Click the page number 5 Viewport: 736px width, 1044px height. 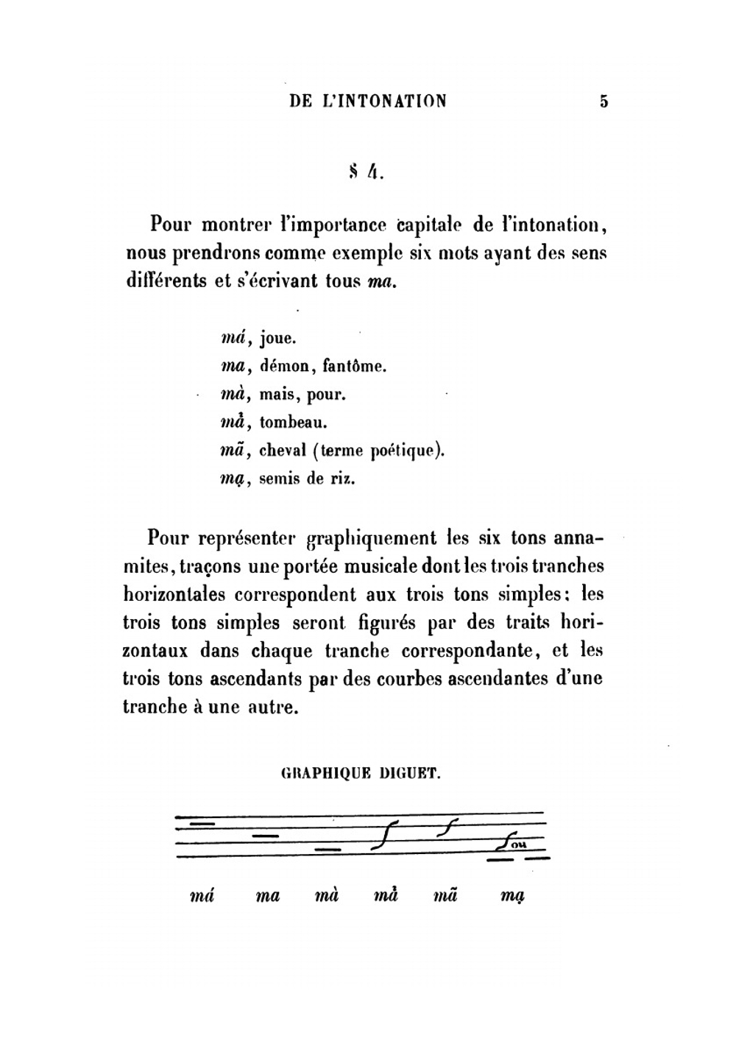pos(604,102)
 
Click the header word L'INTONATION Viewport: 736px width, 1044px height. pos(383,101)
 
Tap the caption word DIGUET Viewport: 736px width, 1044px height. pos(411,774)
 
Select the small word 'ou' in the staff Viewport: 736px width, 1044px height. pos(519,844)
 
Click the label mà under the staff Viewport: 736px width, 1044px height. pos(326,896)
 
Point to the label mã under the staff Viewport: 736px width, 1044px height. pos(445,896)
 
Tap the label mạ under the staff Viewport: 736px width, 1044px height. pos(512,897)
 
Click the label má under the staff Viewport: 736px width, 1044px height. pos(201,896)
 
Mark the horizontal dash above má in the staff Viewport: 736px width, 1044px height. pos(201,822)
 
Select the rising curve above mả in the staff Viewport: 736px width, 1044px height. pos(385,834)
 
